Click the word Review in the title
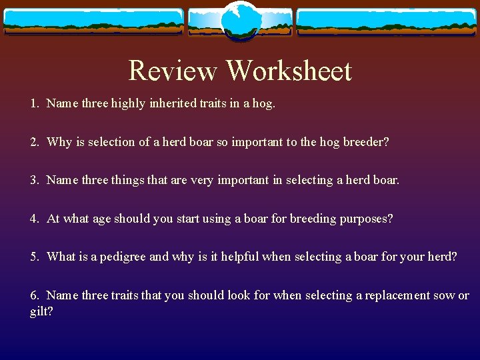(x=172, y=70)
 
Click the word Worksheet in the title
(x=289, y=70)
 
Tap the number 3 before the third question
(x=33, y=180)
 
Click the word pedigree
(x=123, y=257)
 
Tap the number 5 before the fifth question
(x=33, y=257)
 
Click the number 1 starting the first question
(x=33, y=103)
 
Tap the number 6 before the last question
(x=33, y=295)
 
